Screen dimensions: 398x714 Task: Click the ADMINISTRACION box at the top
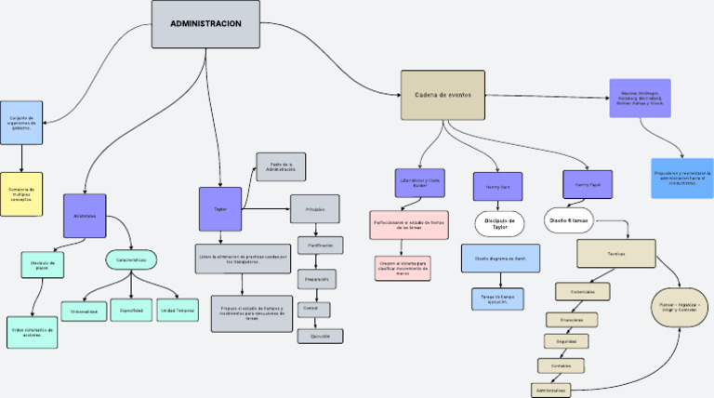(x=205, y=23)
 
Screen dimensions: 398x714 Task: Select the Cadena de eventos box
(x=443, y=95)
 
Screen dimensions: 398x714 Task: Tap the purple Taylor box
(x=220, y=209)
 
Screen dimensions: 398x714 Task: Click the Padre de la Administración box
(x=281, y=167)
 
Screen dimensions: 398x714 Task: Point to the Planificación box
(x=321, y=245)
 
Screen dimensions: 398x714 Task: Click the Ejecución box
(x=321, y=336)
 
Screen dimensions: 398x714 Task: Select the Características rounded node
(x=131, y=259)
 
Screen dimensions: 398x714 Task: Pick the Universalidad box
(x=84, y=311)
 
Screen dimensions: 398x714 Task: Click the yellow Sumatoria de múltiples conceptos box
(x=20, y=193)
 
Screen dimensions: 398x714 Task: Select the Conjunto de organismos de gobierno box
(x=20, y=123)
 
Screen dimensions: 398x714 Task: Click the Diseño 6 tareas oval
(x=568, y=220)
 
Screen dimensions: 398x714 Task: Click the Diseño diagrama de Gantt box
(x=500, y=259)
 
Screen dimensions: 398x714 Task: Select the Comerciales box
(x=583, y=291)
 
